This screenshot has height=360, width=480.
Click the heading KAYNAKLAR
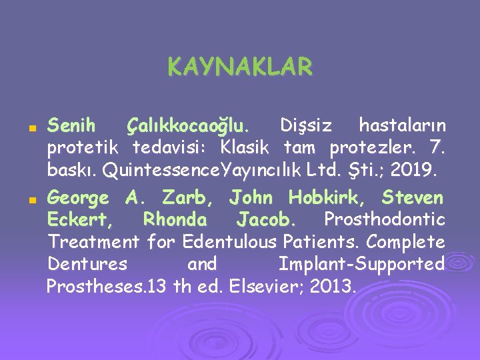(239, 67)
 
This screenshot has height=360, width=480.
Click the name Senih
(72, 125)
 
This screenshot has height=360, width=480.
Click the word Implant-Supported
(361, 264)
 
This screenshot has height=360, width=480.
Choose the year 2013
(335, 287)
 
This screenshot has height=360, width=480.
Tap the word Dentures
(87, 264)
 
